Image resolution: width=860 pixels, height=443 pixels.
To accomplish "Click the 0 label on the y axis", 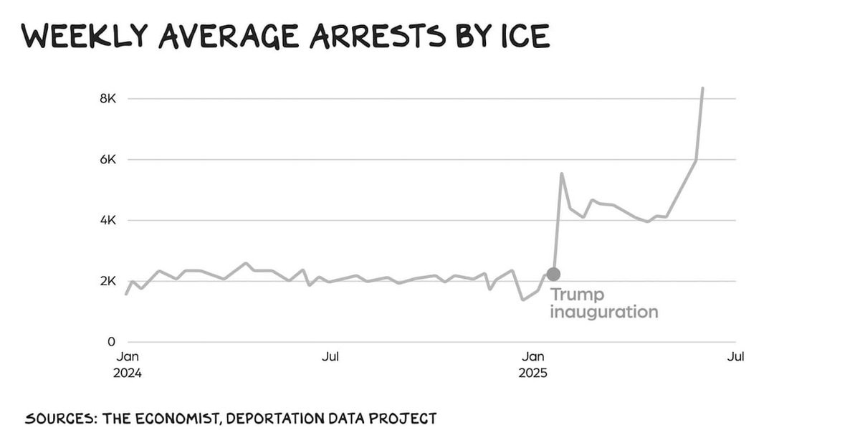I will coord(111,343).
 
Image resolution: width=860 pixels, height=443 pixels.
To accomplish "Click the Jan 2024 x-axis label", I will coord(127,364).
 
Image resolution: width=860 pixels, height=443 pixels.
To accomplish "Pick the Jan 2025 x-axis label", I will coord(532,364).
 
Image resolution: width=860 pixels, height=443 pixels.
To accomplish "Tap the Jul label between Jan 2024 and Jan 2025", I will coord(330,356).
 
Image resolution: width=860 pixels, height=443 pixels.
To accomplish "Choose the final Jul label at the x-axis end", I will coord(735,356).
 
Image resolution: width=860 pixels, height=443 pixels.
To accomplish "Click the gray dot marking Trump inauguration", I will coord(553,274).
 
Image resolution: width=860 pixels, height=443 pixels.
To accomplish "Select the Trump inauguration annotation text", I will coord(603,303).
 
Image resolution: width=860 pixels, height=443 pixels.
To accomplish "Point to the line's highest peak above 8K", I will coord(702,88).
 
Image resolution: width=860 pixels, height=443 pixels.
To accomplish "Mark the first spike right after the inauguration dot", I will coord(562,173).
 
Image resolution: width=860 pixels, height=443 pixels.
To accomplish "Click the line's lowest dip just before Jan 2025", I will coord(523,300).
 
